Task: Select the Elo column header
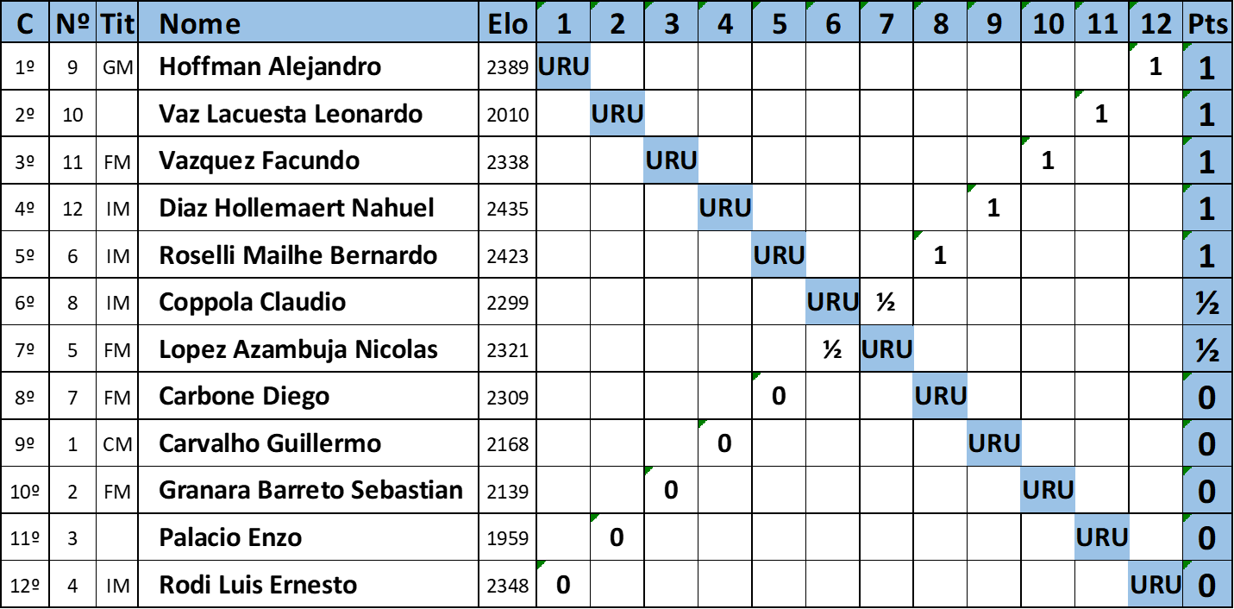[507, 23]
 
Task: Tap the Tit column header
[116, 23]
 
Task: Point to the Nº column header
[72, 23]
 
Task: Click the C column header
[25, 23]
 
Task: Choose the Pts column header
[1207, 23]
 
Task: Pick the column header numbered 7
[886, 23]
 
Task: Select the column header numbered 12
[1155, 23]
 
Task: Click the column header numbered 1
[563, 23]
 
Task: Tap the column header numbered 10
[1048, 23]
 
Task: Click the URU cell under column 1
[563, 66]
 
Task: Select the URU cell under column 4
[724, 208]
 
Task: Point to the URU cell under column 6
[832, 302]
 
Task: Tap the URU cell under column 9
[993, 443]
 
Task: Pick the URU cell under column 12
[1155, 585]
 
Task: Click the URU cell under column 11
[1101, 537]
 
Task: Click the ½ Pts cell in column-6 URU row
[1207, 302]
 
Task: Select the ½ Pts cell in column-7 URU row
[1207, 349]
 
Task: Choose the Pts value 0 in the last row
[1207, 585]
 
